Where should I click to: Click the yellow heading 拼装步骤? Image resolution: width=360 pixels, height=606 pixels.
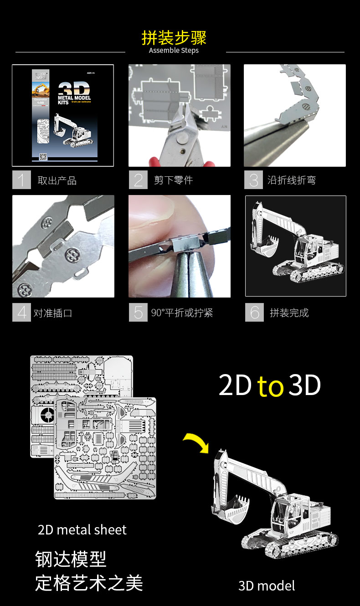174,37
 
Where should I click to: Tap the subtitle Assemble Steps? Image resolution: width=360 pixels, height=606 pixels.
174,50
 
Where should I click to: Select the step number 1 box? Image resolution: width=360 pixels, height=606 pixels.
21,180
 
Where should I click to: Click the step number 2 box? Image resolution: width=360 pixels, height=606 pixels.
138,180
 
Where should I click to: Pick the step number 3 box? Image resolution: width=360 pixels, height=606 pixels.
253,180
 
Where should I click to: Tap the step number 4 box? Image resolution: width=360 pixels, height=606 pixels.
21,313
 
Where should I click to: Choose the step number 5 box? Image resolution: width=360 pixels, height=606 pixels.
138,313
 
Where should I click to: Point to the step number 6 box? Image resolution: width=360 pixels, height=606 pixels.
254,313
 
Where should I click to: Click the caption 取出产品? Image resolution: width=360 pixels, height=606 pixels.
57,180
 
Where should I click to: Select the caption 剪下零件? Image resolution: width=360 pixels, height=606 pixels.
173,180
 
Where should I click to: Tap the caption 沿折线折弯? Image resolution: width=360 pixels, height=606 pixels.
291,180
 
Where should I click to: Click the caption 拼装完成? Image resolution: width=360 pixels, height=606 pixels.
289,313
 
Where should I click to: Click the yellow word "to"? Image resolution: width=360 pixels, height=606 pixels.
271,386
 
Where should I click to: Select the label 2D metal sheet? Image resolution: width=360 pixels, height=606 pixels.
82,530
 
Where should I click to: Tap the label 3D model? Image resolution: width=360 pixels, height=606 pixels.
267,585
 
